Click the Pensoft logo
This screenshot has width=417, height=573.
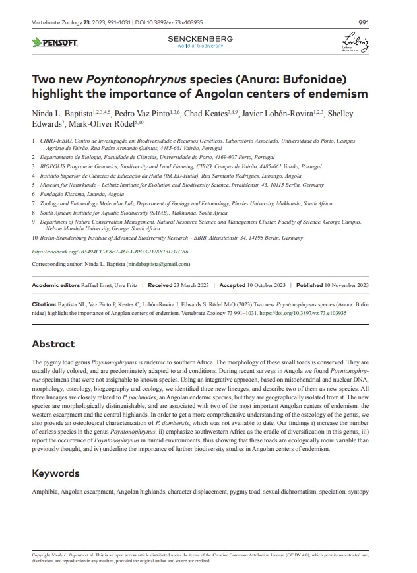55,43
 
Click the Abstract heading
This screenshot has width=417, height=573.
53,344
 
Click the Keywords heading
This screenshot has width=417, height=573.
55,473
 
